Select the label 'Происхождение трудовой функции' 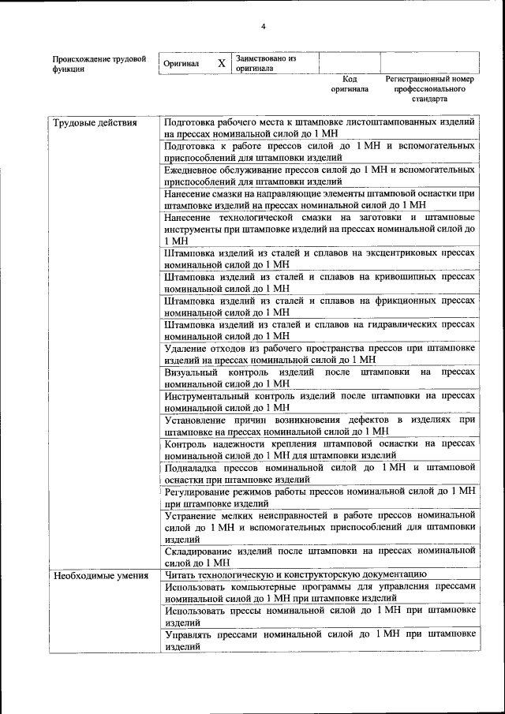(99, 63)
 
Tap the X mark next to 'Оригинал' (222, 63)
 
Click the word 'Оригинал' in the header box (181, 63)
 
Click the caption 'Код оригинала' (350, 84)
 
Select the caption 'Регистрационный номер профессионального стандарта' (429, 89)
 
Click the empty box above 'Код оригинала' (350, 62)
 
